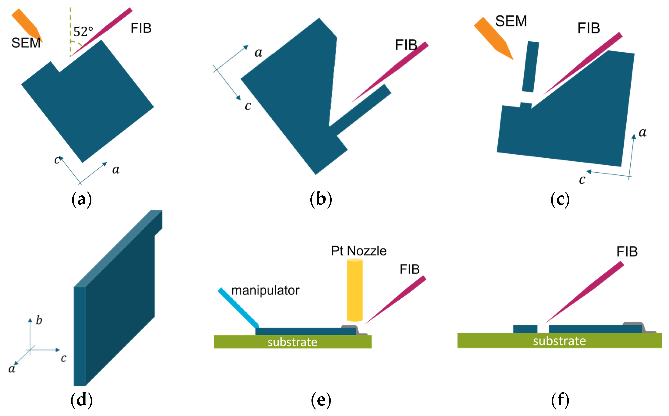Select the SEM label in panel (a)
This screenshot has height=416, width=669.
pos(26,43)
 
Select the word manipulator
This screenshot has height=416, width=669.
pos(265,290)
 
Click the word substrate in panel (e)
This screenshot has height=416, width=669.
pos(292,342)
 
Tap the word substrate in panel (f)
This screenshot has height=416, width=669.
pos(559,341)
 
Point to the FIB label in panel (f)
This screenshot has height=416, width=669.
pos(627,252)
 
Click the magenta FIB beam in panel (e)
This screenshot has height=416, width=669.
pos(397,300)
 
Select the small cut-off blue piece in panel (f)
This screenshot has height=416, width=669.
pos(525,329)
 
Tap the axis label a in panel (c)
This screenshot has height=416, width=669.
pos(642,133)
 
